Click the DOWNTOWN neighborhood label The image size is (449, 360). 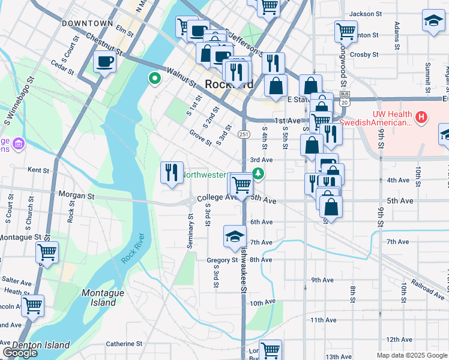[87, 23]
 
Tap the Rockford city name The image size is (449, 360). [228, 85]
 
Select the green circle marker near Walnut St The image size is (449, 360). [155, 78]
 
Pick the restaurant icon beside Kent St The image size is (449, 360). [172, 172]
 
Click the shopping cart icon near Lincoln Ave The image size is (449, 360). [32, 305]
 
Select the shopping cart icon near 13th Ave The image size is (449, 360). [271, 350]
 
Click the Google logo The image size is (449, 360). [20, 353]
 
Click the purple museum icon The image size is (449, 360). [19, 144]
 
